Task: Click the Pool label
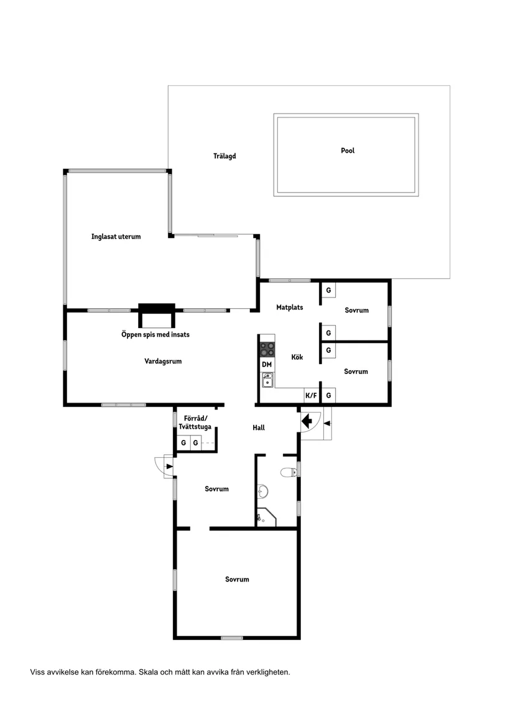pos(348,150)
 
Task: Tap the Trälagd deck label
pos(224,156)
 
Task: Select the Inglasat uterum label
pos(116,236)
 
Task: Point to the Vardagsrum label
pos(163,361)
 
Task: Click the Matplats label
pos(289,307)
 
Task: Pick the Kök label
pos(297,357)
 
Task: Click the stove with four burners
pos(267,349)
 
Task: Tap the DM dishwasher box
pos(267,364)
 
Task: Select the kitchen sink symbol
pos(267,380)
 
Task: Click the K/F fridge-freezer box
pos(311,395)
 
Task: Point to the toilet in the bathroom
pos(289,472)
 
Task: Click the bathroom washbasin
pos(262,491)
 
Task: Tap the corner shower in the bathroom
pos(266,517)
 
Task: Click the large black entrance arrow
pos(307,421)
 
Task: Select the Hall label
pos(259,427)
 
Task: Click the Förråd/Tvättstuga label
pos(195,422)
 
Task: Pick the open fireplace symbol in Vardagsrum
pos(157,315)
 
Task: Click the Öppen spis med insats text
pos(155,334)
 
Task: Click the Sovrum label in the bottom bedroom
pos(237,580)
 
